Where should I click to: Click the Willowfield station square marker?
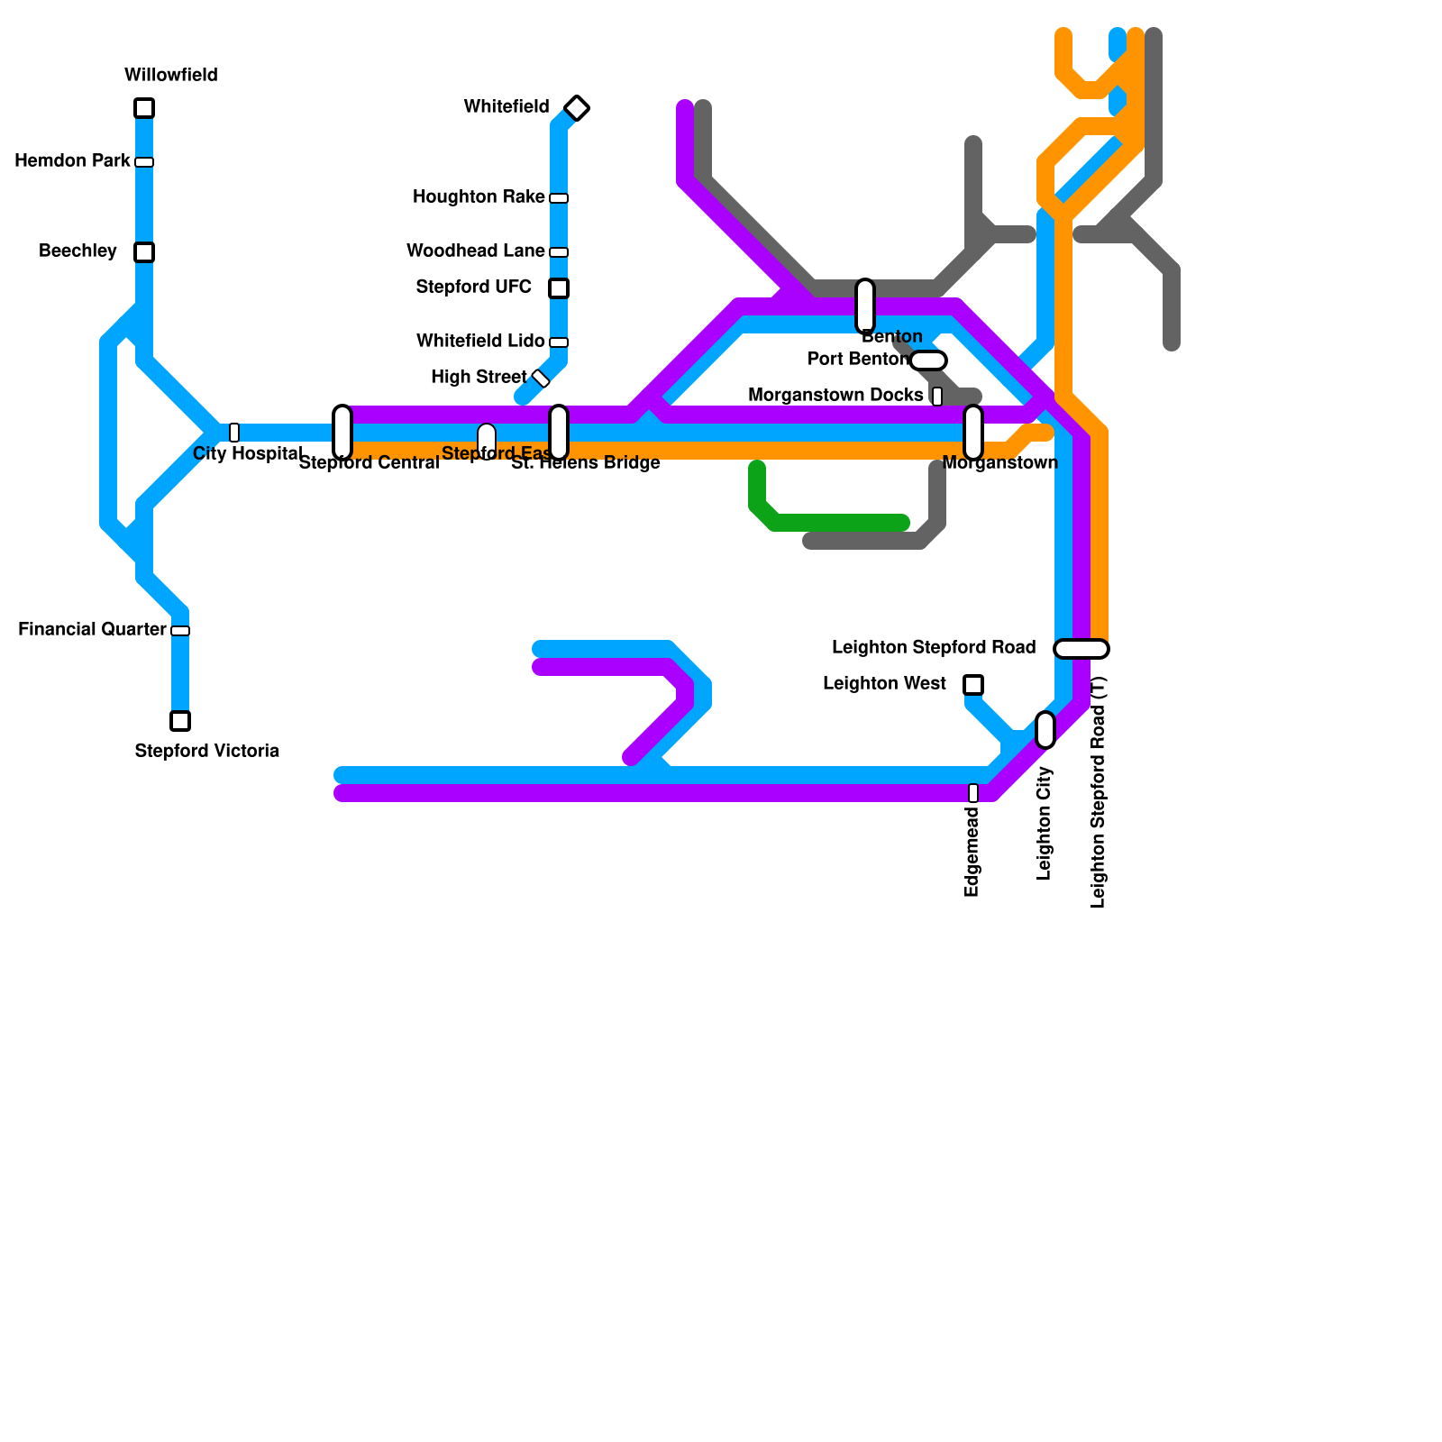click(144, 108)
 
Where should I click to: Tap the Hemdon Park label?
click(72, 161)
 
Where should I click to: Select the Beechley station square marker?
click(144, 252)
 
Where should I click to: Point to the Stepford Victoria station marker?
click(180, 721)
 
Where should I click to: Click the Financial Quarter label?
click(92, 630)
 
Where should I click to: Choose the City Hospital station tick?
click(234, 433)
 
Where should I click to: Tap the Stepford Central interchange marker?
click(342, 433)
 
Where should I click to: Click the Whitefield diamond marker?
click(577, 108)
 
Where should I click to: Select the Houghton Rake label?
click(479, 197)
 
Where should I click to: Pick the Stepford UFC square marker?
click(559, 288)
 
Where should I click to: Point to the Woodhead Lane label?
click(475, 251)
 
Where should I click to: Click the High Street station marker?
click(541, 379)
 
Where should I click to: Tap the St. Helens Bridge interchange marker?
click(559, 433)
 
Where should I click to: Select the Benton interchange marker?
click(865, 306)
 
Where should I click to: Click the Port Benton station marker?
click(928, 360)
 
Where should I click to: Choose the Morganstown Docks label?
click(835, 396)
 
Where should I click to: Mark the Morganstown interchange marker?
click(973, 433)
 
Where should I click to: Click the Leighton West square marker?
click(973, 685)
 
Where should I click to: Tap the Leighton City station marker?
click(1045, 730)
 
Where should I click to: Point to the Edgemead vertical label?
click(972, 852)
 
